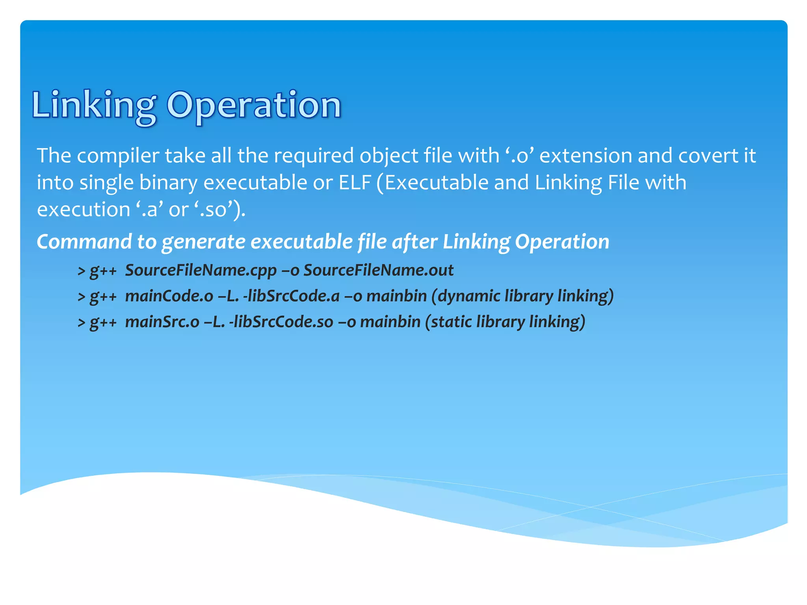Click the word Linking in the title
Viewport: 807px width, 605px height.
(x=93, y=106)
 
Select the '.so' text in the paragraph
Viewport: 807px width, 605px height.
(x=213, y=210)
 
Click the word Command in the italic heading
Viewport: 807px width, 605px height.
(x=84, y=242)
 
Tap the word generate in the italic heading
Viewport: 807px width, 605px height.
(x=203, y=242)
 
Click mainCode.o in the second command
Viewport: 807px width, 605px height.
(x=169, y=296)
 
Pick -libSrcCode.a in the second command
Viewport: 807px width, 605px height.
(x=291, y=296)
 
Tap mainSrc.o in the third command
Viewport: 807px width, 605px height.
(x=162, y=322)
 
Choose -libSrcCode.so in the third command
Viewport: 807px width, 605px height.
(x=281, y=322)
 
